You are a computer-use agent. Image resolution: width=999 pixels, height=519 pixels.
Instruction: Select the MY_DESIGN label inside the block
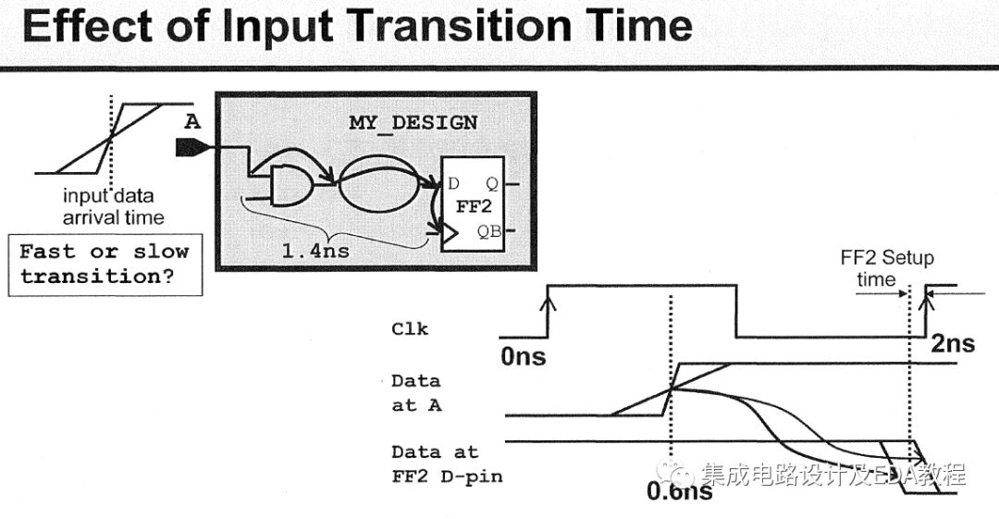413,122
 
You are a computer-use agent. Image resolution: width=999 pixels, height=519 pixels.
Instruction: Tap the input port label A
192,122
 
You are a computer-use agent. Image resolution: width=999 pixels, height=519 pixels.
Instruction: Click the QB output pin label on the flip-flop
488,231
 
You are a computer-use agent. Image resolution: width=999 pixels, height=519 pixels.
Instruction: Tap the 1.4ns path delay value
306,249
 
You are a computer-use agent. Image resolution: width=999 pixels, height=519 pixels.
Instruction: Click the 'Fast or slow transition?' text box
105,264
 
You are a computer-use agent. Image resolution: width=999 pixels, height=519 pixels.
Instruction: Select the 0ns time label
524,355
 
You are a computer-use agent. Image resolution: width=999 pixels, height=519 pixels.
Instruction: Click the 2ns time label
952,343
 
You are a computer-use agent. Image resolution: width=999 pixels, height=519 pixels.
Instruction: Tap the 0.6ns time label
679,491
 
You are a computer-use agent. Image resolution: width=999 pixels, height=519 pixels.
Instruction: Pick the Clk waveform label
410,328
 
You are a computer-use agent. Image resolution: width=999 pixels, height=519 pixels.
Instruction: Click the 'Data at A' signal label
415,392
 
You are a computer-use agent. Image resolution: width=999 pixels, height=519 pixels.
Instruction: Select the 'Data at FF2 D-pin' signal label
434,463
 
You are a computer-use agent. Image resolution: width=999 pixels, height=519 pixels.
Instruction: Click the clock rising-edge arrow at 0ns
552,302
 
